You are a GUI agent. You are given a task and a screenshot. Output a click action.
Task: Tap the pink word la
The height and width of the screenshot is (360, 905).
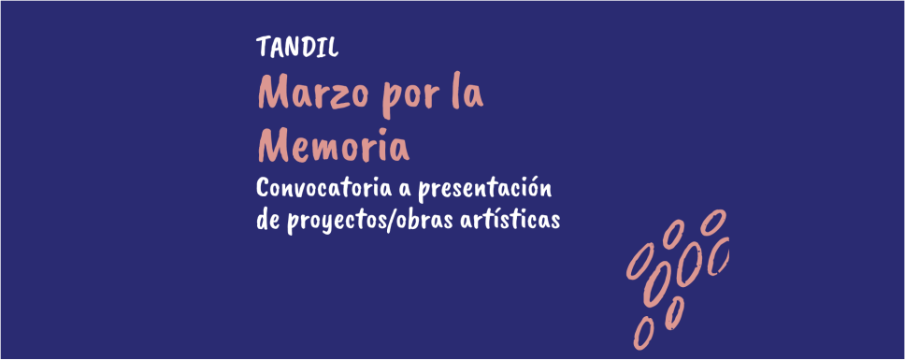pos(467,93)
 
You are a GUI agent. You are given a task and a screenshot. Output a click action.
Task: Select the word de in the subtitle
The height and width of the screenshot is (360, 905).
pos(269,221)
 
